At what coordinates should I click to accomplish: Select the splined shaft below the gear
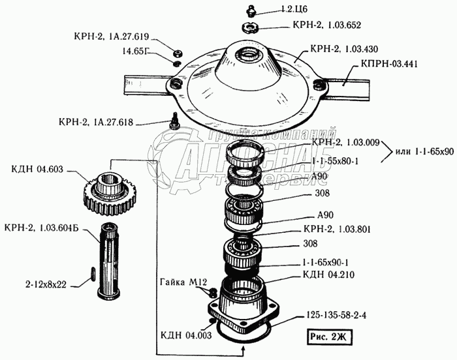point(107,252)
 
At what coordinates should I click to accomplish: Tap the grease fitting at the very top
point(251,10)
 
